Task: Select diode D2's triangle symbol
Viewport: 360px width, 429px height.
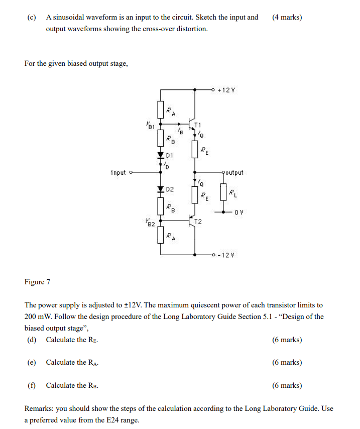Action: coord(161,189)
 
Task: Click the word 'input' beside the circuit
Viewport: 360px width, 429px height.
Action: coord(119,173)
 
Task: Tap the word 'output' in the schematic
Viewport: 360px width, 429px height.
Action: coord(233,173)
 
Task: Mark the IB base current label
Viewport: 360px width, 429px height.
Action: coord(176,130)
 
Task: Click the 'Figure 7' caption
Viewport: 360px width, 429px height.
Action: coord(37,282)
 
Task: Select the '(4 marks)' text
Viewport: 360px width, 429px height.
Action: coord(287,17)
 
